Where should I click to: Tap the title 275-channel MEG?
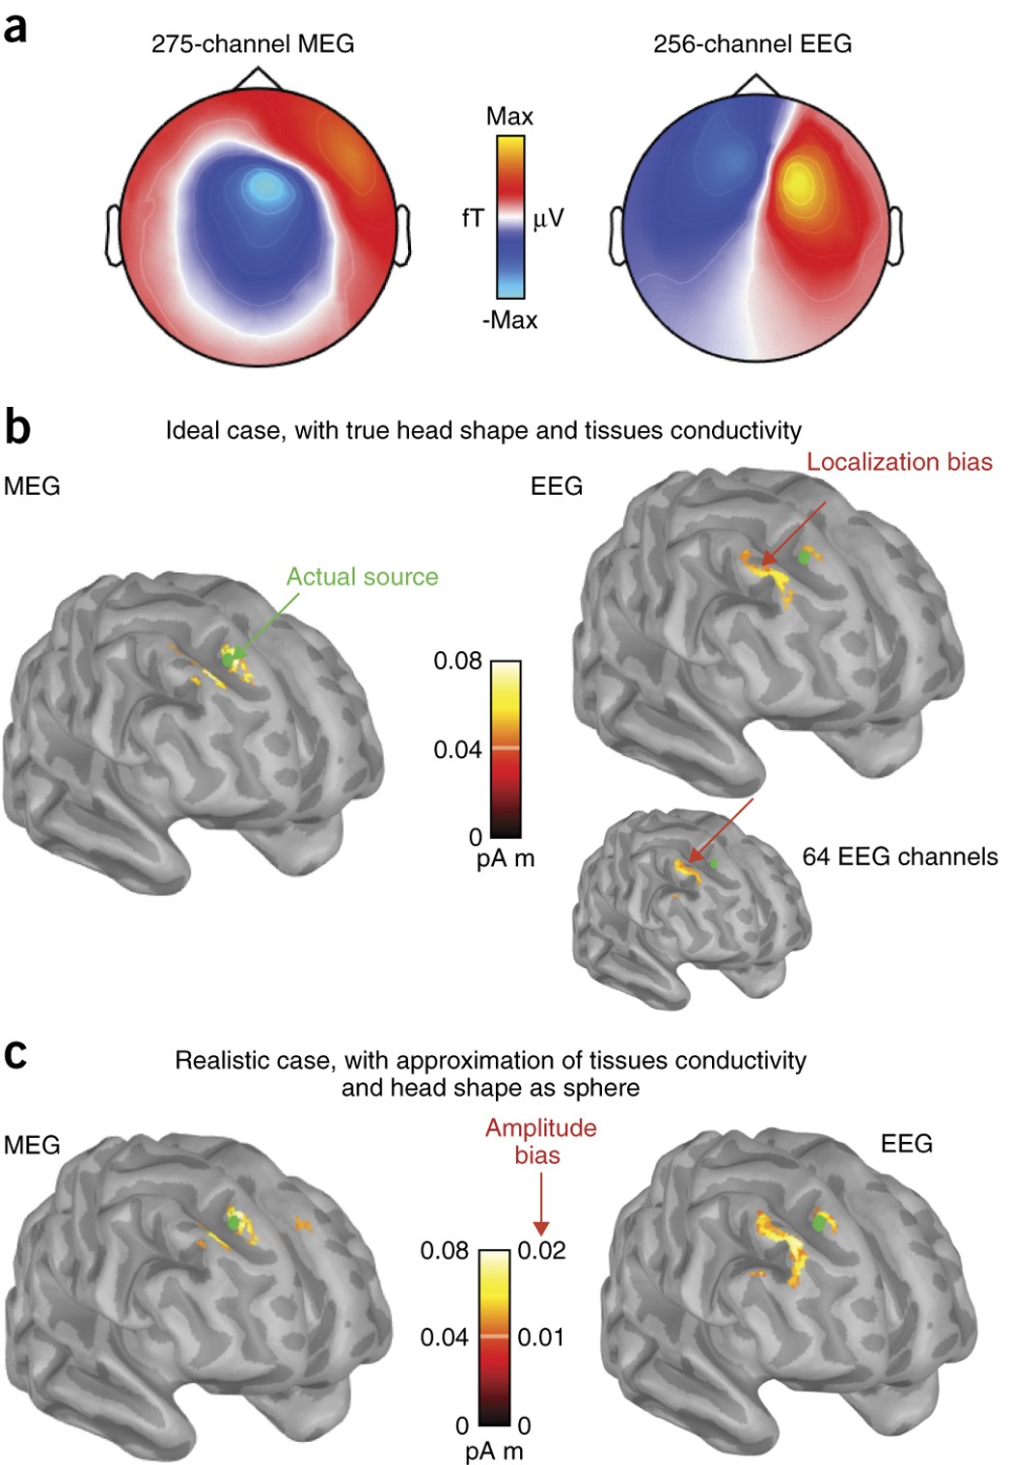point(253,43)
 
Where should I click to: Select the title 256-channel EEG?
point(753,43)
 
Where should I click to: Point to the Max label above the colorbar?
point(509,117)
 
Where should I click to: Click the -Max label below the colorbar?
point(509,319)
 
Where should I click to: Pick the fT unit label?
point(473,219)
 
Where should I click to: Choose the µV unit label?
point(548,219)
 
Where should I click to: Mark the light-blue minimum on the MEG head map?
point(263,183)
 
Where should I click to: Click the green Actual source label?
point(362,577)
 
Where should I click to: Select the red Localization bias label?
point(899,462)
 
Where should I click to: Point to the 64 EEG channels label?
point(900,856)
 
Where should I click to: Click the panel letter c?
point(14,1054)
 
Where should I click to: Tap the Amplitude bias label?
point(540,1141)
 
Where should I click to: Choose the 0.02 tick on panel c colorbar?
point(541,1251)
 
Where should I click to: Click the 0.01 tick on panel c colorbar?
point(540,1337)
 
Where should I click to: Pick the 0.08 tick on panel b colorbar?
point(457,661)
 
